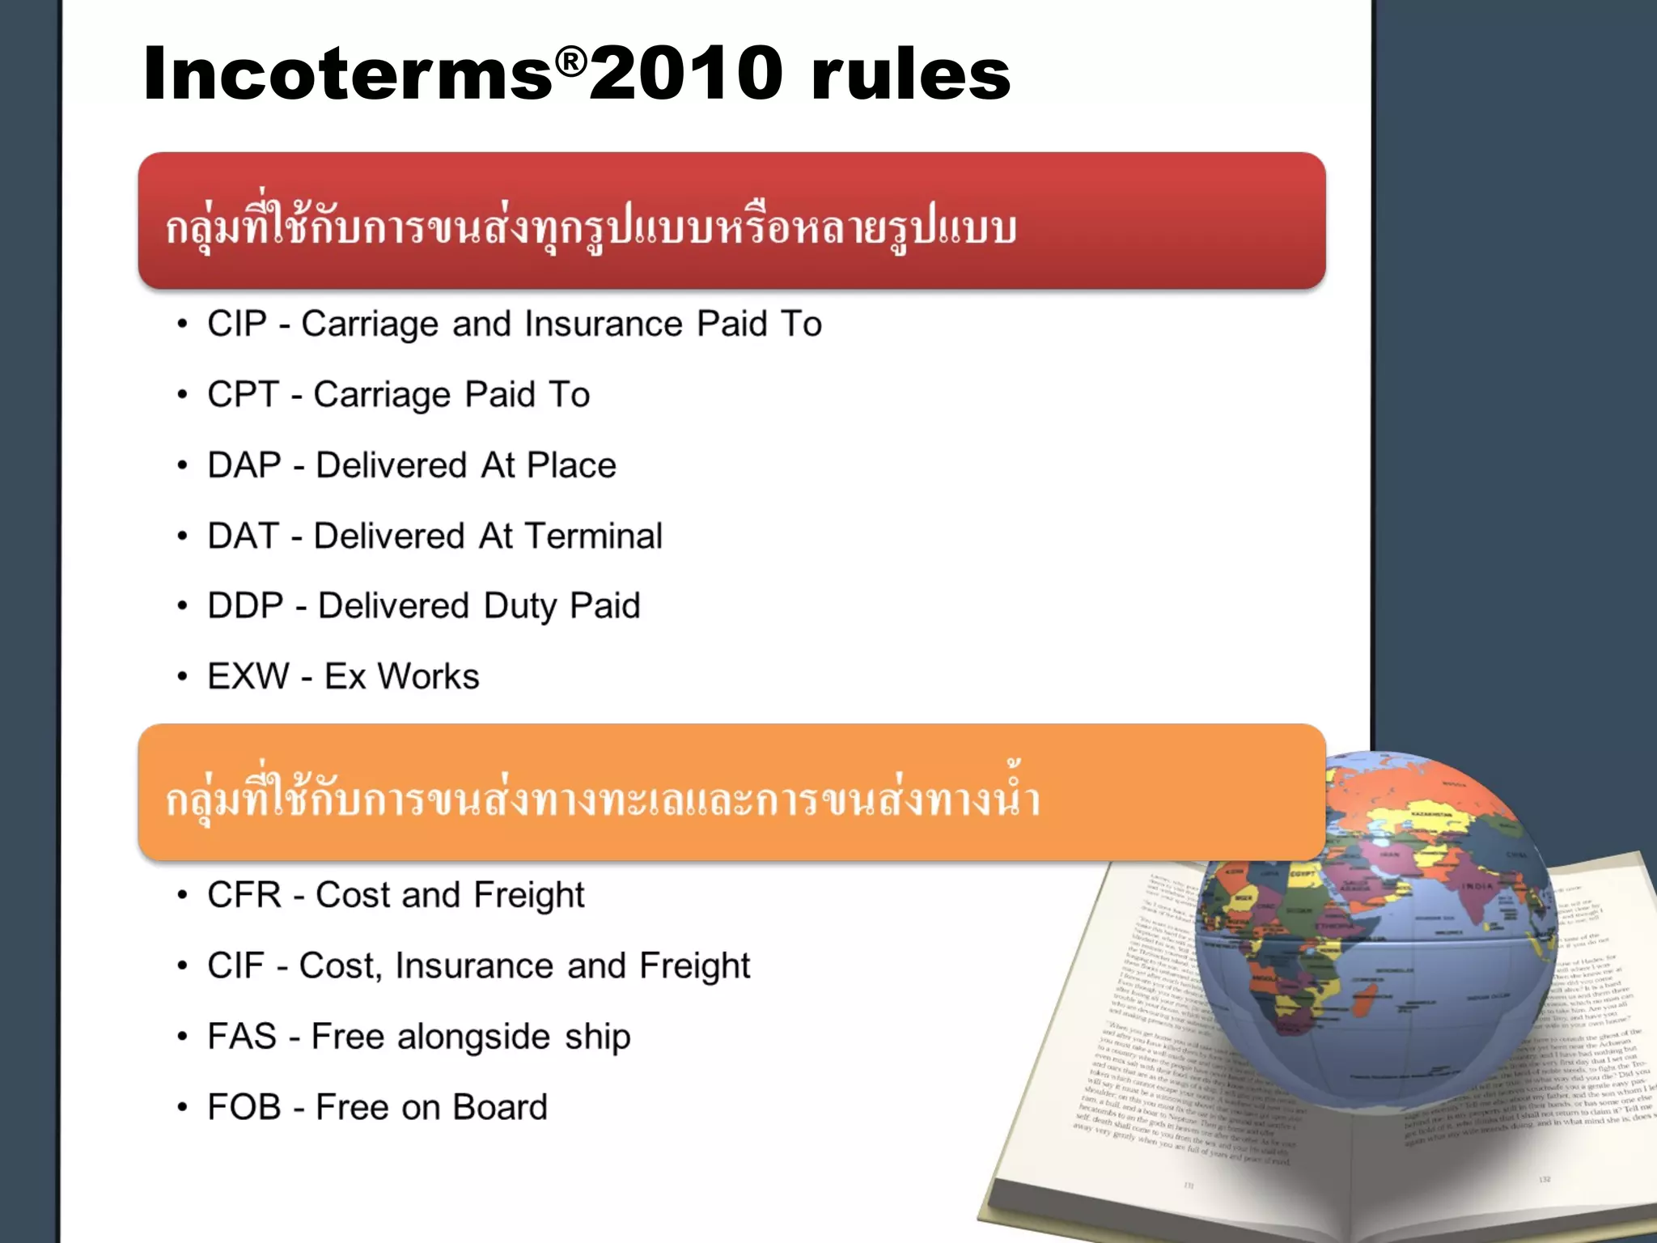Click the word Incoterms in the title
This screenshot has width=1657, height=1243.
[x=348, y=74]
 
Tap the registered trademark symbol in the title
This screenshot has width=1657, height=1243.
[x=571, y=62]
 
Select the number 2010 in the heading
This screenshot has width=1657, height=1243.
[x=686, y=74]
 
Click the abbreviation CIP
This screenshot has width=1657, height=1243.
[x=236, y=324]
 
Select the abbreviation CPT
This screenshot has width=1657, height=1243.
[x=243, y=395]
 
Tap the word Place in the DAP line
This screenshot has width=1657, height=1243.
[x=571, y=465]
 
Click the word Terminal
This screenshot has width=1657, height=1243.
[x=593, y=536]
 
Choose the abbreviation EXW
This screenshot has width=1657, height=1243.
[x=248, y=677]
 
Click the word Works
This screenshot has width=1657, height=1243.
[x=429, y=677]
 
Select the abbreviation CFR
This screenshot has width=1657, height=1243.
[x=244, y=895]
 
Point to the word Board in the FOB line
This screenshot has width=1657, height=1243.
[x=499, y=1107]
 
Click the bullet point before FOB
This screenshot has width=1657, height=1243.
[x=183, y=1107]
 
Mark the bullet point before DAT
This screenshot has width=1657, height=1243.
[x=183, y=536]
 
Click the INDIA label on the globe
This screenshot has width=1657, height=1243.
[x=1476, y=886]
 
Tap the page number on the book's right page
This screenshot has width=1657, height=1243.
[x=1544, y=1180]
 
